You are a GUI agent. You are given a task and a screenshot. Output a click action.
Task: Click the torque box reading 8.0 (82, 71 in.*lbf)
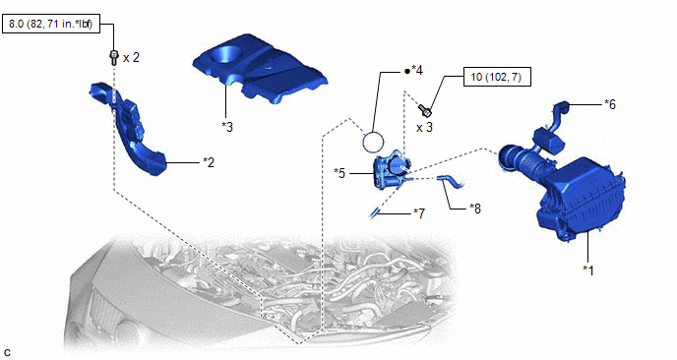pos(51,24)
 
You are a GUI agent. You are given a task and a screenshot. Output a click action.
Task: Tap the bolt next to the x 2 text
pos(113,57)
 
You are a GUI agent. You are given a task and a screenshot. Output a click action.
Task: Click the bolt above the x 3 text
pos(426,110)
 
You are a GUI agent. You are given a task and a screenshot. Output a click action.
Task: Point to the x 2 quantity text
pos(131,57)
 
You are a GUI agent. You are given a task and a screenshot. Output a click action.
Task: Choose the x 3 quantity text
pos(424,128)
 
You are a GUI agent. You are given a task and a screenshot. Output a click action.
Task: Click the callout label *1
pos(588,270)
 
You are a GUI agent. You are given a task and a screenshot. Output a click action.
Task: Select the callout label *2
pos(209,162)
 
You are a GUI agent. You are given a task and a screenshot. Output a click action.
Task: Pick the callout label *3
pos(227,127)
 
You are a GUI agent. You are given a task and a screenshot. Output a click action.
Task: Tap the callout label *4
pos(416,70)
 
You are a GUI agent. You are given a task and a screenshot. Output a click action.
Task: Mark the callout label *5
pos(339,173)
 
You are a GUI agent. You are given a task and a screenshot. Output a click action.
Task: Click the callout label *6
pos(610,104)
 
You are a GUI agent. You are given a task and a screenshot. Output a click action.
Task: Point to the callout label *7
pos(419,212)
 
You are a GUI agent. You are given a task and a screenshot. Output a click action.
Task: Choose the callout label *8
pos(475,209)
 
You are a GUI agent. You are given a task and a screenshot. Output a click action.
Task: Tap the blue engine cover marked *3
pos(259,69)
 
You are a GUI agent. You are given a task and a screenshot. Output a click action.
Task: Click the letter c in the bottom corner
pos(6,353)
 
